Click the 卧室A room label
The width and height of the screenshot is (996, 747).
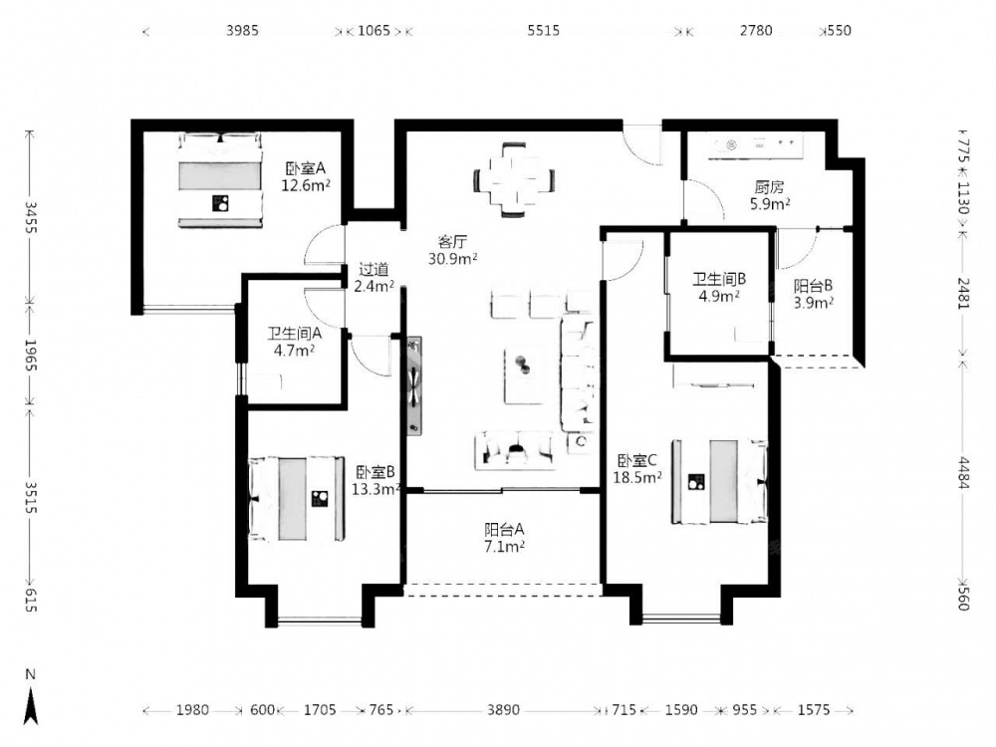(306, 169)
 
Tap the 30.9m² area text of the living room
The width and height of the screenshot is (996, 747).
(453, 259)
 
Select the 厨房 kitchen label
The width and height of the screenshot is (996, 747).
(769, 187)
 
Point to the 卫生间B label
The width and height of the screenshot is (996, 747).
(719, 279)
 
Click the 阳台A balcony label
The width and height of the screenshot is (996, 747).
(504, 529)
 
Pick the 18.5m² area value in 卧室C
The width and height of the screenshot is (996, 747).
(637, 477)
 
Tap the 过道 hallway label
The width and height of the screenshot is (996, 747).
(373, 269)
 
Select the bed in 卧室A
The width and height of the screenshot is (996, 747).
(220, 179)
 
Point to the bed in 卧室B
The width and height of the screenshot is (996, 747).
(297, 499)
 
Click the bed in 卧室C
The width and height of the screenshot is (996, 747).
(720, 481)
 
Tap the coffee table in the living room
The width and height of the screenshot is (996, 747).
(525, 374)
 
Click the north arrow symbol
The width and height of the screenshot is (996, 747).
(31, 704)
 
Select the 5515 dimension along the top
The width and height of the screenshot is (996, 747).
(544, 31)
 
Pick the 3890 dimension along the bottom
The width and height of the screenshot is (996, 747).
(503, 709)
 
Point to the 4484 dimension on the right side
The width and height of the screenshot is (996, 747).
(963, 473)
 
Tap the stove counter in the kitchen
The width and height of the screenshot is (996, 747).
(756, 146)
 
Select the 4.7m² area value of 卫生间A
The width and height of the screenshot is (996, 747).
(294, 350)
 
